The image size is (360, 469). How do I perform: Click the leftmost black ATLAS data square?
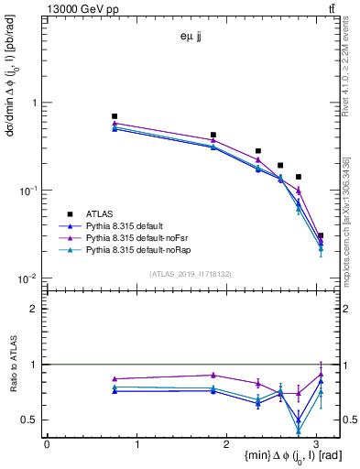pos(115,116)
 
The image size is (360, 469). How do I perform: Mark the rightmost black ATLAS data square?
pos(321,235)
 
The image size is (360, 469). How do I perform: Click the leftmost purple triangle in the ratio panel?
pos(115,378)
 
